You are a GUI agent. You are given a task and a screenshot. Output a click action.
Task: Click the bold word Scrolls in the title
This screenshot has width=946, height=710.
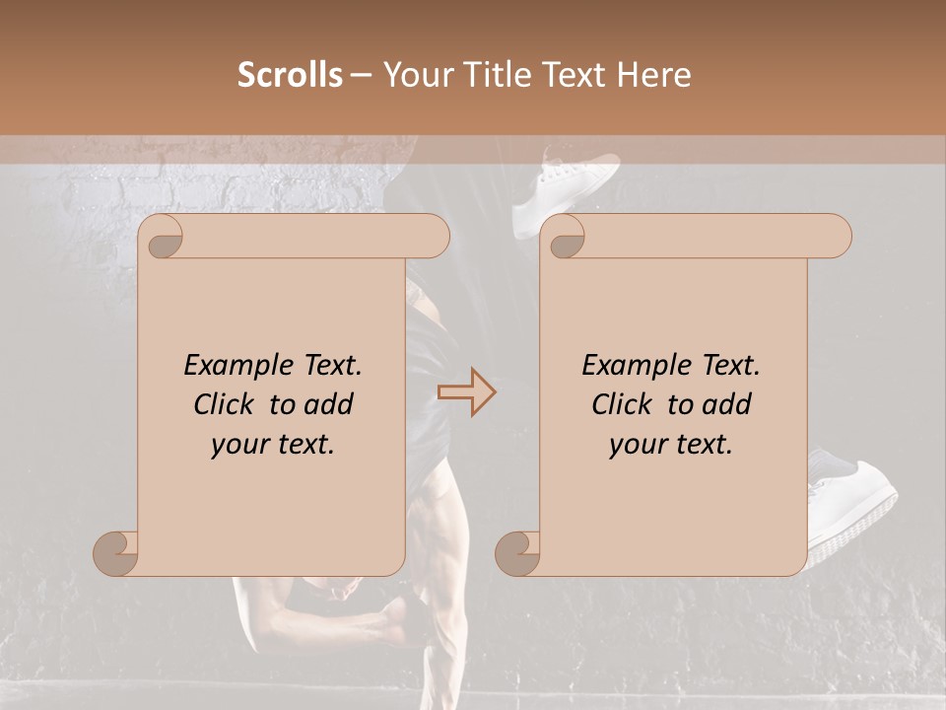[291, 75]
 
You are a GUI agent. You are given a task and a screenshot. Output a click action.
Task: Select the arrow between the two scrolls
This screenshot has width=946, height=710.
[467, 392]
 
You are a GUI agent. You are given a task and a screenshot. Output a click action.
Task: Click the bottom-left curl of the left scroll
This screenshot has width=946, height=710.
[116, 553]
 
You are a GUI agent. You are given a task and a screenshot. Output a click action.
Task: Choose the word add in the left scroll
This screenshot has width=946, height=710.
[328, 404]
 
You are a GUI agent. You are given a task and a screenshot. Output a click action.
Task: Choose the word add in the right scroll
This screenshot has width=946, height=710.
[726, 404]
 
